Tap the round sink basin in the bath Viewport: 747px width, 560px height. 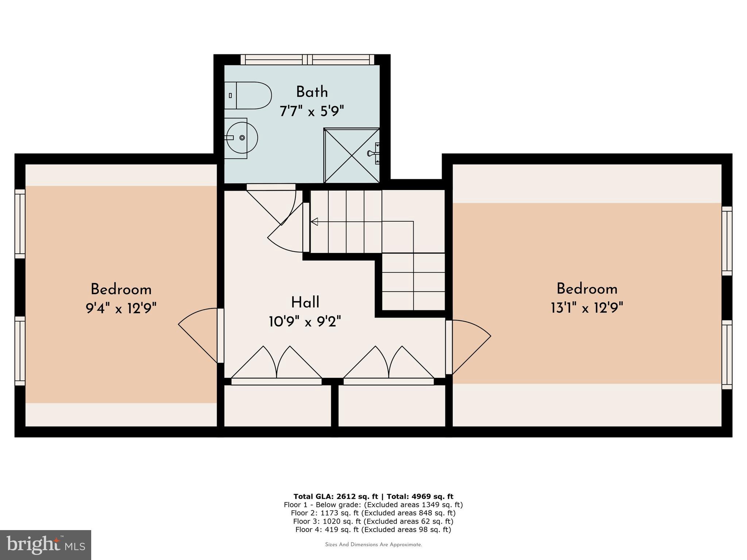point(242,138)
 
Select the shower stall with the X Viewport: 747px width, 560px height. point(352,156)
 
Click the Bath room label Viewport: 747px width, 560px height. point(312,92)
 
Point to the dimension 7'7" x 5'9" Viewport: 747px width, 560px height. point(312,111)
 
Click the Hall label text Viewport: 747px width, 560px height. point(305,303)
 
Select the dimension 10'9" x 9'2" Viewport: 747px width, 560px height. point(305,322)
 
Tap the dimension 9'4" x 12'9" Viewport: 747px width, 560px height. point(121,309)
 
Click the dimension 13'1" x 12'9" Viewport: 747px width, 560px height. point(587,308)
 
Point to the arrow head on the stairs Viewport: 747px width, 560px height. point(314,221)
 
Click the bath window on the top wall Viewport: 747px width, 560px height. point(307,59)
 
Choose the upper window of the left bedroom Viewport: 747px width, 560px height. point(20,223)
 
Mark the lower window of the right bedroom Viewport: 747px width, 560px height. point(727,355)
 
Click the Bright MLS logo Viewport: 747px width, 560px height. point(46,545)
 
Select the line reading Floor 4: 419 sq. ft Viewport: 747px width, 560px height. point(373,529)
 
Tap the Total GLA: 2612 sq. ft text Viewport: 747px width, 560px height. point(336,496)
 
